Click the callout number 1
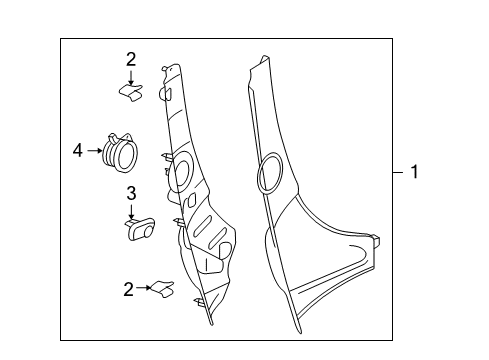click(x=413, y=173)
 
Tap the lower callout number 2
click(x=129, y=289)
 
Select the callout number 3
click(x=131, y=192)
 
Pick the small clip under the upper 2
click(x=132, y=93)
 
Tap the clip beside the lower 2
click(x=162, y=290)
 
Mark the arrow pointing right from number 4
click(x=94, y=152)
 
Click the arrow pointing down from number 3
click(x=131, y=210)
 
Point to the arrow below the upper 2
click(x=131, y=78)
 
